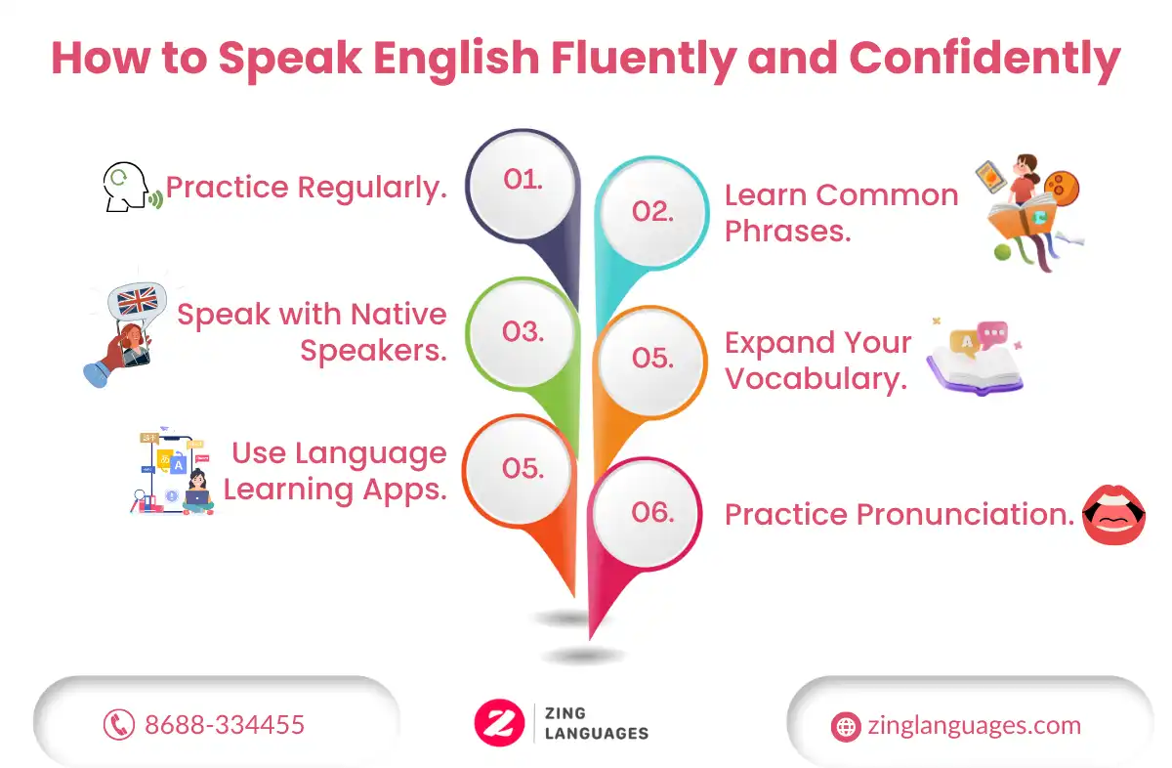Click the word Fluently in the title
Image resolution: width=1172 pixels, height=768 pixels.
pos(644,60)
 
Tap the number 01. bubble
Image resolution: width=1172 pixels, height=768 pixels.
pos(523,185)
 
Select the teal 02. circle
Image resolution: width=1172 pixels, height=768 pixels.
pos(652,213)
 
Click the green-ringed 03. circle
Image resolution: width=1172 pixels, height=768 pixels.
pos(523,333)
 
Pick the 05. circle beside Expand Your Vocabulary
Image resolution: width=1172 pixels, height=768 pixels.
pos(650,362)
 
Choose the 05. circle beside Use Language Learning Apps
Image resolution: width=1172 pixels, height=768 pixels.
pos(520,469)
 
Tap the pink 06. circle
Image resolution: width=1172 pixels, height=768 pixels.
pos(646,514)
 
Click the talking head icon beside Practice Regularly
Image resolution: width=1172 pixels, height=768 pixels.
pos(131,187)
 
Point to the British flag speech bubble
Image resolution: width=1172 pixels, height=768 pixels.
pos(137,303)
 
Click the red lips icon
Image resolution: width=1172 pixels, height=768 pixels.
pos(1113,515)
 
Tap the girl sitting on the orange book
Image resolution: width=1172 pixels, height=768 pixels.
pos(1026,180)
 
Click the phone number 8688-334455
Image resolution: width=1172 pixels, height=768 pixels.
pos(225,725)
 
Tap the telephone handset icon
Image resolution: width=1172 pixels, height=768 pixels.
pos(119,725)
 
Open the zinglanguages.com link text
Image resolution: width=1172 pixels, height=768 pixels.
pos(975,726)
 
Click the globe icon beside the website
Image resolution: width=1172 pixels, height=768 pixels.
pos(846,727)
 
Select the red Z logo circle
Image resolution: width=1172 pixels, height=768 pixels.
pos(499,722)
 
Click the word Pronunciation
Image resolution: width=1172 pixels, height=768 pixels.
pos(965,514)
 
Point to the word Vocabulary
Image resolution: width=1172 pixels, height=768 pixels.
pos(816,379)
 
